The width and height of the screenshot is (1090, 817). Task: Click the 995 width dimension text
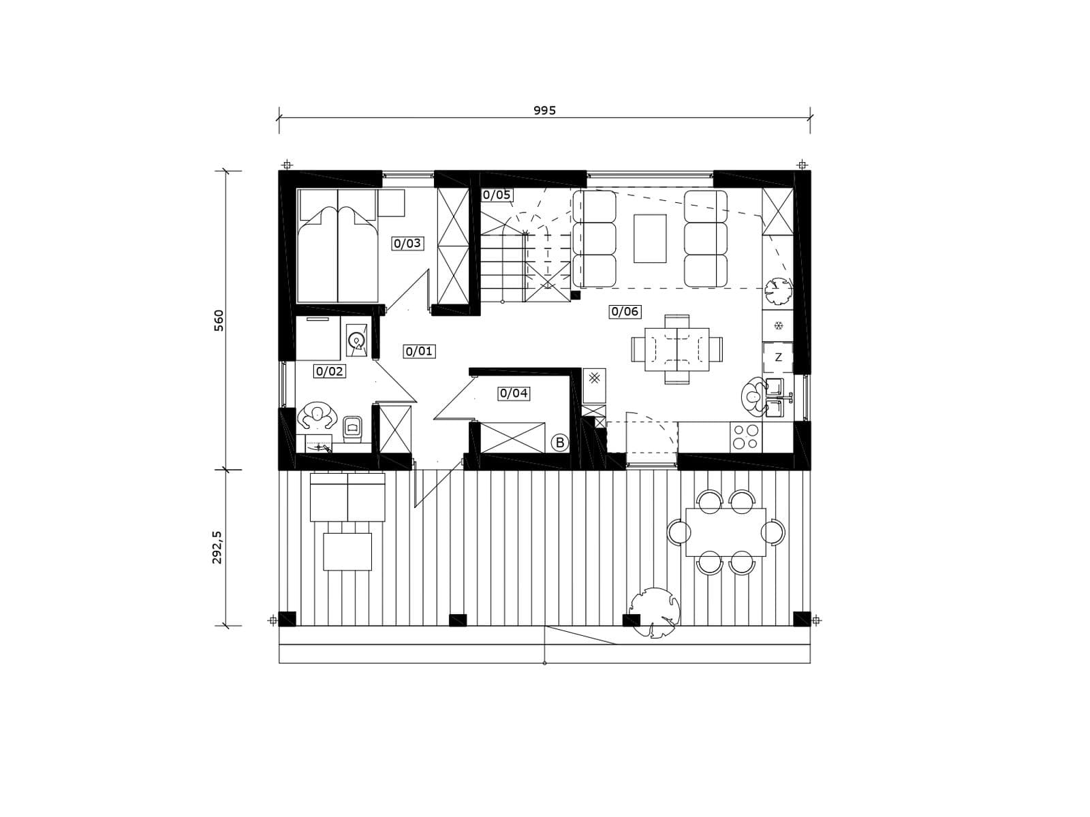[544, 110]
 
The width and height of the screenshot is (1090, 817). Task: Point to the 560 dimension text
[219, 321]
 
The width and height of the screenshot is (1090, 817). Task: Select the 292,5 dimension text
[217, 547]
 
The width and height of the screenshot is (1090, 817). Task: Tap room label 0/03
[407, 244]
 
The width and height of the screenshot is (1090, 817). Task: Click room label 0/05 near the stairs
[497, 195]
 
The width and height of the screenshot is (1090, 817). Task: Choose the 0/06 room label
[625, 312]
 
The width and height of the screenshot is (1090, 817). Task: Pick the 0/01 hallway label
[419, 352]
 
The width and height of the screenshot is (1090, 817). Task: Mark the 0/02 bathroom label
[330, 371]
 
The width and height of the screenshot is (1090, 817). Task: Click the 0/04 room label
[514, 394]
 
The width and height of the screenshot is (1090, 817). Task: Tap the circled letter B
[560, 443]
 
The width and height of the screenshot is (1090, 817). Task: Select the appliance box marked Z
[778, 357]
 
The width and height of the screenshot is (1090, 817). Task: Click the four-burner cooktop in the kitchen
[746, 437]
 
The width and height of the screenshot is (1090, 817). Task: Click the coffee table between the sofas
[649, 238]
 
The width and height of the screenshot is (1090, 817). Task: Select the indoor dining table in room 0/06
[677, 349]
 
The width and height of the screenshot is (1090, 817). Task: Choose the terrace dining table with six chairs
[726, 532]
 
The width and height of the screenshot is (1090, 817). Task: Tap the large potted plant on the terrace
[654, 612]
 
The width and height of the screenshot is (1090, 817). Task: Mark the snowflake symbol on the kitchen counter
[779, 325]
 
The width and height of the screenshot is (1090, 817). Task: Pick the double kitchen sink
[775, 398]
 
